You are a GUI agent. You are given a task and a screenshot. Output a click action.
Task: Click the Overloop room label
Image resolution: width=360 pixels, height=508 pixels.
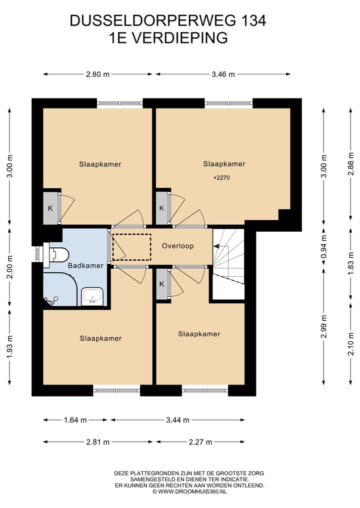tap(177, 246)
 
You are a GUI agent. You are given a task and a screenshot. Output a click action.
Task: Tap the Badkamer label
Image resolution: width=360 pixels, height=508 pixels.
tap(85, 266)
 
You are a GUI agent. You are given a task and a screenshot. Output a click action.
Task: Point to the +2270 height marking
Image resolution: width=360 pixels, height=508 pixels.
tap(222, 177)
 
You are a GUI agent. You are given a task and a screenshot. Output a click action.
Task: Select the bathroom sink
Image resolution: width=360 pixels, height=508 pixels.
tap(92, 296)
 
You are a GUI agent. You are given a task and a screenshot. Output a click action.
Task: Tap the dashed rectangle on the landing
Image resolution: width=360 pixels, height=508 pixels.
tap(131, 247)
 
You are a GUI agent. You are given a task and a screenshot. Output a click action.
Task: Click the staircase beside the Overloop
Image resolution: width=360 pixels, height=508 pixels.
tap(228, 264)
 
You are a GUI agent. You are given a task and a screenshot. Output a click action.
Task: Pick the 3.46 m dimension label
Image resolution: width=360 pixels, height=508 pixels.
tap(223, 74)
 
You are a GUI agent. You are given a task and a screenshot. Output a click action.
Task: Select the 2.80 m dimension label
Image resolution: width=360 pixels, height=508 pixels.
tap(97, 74)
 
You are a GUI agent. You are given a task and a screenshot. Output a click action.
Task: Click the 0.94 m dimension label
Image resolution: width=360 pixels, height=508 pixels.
tap(323, 246)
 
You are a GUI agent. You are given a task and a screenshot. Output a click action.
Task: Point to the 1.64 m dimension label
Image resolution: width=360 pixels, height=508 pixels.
tap(75, 420)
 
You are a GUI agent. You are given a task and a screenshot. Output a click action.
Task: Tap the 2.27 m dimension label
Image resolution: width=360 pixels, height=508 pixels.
tap(200, 442)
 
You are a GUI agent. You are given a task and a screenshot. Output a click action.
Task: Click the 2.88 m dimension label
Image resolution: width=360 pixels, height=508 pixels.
tap(350, 164)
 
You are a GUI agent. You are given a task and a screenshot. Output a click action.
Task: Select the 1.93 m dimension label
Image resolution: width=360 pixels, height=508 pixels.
tap(9, 347)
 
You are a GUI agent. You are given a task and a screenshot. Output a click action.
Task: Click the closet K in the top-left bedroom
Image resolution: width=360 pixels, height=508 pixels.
tap(50, 208)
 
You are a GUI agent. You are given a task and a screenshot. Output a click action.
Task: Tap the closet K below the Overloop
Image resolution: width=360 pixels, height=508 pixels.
tap(162, 284)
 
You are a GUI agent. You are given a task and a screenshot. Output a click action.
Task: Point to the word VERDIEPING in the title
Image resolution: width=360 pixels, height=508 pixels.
tap(180, 38)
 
